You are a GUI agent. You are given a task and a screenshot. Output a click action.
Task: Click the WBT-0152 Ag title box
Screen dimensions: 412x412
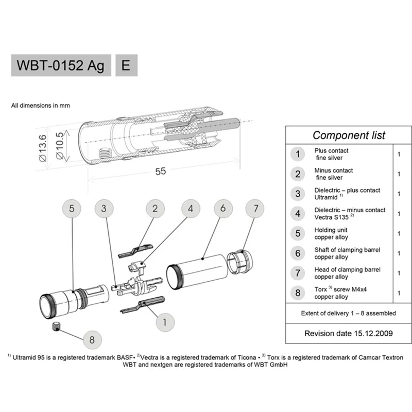pos(61,66)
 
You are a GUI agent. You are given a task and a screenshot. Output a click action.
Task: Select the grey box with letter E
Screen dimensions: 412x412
pos(126,66)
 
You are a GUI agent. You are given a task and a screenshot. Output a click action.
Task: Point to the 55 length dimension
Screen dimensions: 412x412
pos(161,171)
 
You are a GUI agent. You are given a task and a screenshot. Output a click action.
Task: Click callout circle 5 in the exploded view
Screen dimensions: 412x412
pos(72,209)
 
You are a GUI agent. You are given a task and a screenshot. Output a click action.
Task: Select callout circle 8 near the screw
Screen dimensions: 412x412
pos(92,339)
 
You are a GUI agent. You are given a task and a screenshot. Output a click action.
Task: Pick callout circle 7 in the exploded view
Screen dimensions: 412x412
pos(255,209)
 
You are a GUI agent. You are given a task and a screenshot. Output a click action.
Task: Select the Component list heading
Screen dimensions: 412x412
pos(349,135)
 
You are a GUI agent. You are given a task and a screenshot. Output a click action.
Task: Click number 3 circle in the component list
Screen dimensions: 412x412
pos(298,194)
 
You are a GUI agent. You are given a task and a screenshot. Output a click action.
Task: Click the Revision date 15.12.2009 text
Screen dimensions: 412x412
pos(349,333)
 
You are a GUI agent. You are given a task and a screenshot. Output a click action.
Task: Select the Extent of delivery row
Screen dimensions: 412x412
pos(349,313)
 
